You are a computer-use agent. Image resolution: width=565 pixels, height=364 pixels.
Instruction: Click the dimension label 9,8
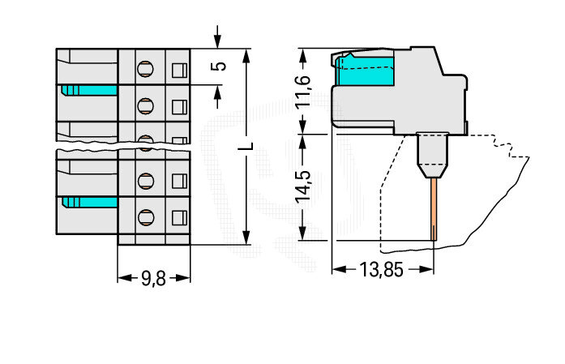coord(153,278)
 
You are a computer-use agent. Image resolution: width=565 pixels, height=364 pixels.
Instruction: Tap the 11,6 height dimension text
coord(302,92)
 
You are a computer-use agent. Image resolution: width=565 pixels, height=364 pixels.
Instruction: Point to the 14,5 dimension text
coord(302,186)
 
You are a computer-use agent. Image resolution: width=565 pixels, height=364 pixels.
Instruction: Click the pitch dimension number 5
coord(217,66)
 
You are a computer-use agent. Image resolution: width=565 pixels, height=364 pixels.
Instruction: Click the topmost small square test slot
coord(179,68)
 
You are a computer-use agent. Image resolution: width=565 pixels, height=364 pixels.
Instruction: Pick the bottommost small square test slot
coord(179,216)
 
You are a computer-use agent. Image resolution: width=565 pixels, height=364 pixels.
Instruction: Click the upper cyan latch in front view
coord(88,90)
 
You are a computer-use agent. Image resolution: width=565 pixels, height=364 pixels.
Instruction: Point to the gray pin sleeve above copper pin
coord(431,154)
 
